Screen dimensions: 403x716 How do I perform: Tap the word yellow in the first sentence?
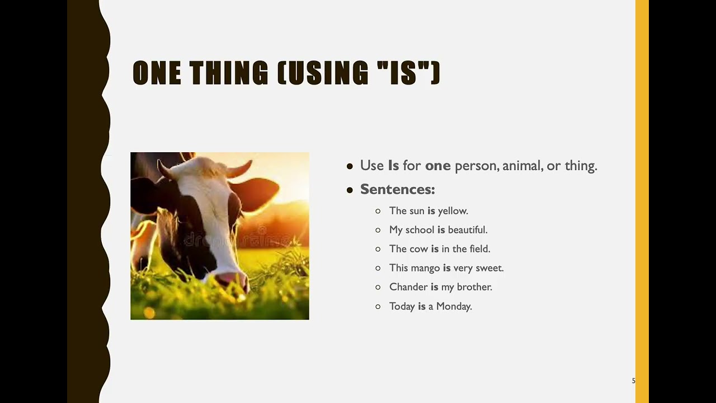point(453,211)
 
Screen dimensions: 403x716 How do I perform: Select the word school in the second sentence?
point(420,230)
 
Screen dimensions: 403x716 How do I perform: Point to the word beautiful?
point(468,230)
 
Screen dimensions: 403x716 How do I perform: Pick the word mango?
point(426,268)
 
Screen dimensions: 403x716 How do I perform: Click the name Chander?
point(408,287)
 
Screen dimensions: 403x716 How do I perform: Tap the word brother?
point(474,287)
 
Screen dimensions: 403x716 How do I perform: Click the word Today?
point(402,306)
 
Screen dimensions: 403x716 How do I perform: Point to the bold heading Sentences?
point(397,189)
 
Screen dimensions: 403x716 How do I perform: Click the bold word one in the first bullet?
point(437,166)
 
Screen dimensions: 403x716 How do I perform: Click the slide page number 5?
point(633,381)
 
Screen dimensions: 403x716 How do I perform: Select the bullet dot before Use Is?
point(350,166)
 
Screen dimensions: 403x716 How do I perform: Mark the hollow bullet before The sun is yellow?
point(378,211)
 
